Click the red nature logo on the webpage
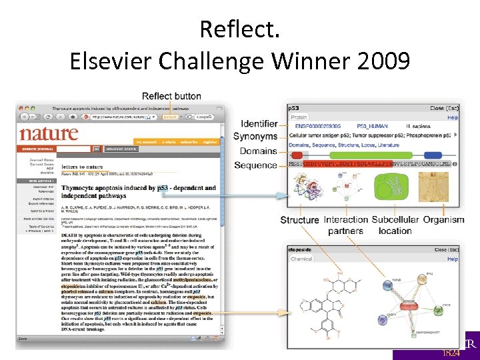(x=49, y=133)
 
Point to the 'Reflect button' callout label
(x=172, y=96)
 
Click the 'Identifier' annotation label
(x=259, y=124)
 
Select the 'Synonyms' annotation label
(x=255, y=137)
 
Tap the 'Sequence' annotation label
(x=257, y=165)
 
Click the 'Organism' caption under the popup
(x=443, y=219)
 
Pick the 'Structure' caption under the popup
(x=299, y=219)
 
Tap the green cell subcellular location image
(x=394, y=187)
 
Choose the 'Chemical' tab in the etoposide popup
(x=302, y=259)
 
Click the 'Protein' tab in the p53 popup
(x=300, y=117)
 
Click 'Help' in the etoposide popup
(x=453, y=259)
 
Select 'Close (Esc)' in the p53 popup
(x=445, y=108)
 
